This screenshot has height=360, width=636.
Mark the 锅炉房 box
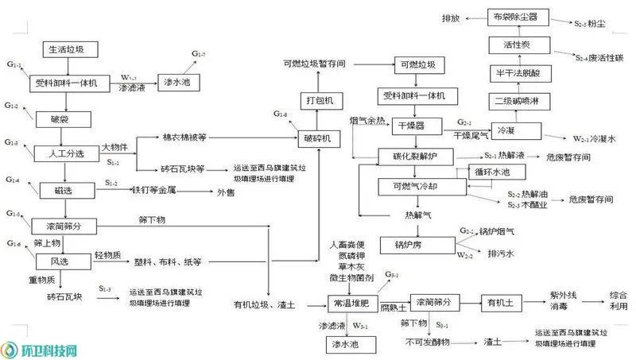pos(411,243)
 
